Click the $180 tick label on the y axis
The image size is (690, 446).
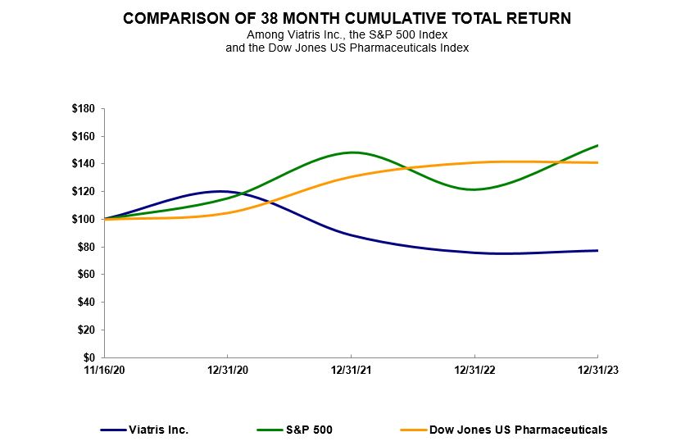coord(83,108)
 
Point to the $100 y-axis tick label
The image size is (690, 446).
coord(83,219)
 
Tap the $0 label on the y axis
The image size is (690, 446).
coord(89,357)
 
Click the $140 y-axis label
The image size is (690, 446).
coord(83,164)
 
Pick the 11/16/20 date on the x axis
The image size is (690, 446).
coord(104,370)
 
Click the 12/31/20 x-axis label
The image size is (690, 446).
coord(228,370)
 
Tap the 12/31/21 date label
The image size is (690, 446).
coord(351,370)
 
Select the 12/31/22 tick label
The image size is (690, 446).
coord(474,370)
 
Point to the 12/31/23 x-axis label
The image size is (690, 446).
coord(597,370)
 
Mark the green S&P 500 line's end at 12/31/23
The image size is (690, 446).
coord(597,145)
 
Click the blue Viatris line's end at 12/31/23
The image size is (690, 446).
coord(597,250)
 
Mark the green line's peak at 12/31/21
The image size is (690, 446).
coord(352,152)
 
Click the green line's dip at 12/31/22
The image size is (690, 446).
coord(474,189)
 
